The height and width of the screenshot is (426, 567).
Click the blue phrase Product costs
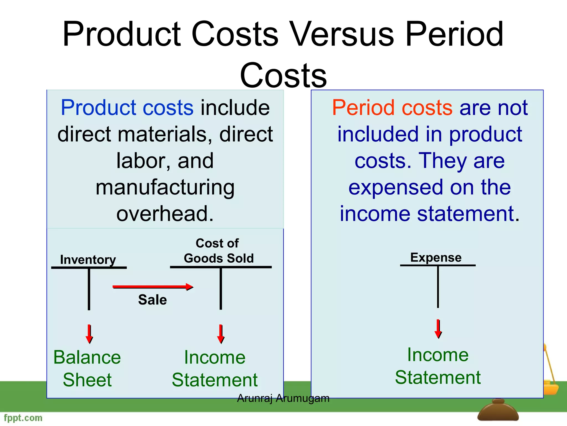(x=127, y=108)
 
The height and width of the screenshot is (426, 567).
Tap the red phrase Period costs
(x=392, y=108)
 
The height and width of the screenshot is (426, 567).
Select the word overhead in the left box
(x=165, y=214)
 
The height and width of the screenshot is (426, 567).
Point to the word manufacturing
(x=165, y=188)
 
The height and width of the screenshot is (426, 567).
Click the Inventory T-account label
(x=88, y=260)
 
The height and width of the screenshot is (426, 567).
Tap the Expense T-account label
(x=436, y=257)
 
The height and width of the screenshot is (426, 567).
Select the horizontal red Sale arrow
(x=153, y=287)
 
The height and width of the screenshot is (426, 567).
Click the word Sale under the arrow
(x=152, y=300)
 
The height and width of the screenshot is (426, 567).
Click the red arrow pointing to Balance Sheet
(x=89, y=334)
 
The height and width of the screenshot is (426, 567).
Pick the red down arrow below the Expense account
(x=438, y=329)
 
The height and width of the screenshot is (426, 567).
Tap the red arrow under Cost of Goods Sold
(x=221, y=334)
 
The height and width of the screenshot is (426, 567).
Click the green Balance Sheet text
(x=87, y=368)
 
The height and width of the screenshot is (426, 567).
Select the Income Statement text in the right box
(x=438, y=366)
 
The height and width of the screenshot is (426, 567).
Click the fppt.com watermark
(x=23, y=418)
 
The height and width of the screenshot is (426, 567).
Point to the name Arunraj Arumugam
(x=283, y=398)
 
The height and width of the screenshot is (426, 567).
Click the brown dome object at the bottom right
(x=498, y=412)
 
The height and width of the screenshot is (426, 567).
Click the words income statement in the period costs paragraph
(x=429, y=214)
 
